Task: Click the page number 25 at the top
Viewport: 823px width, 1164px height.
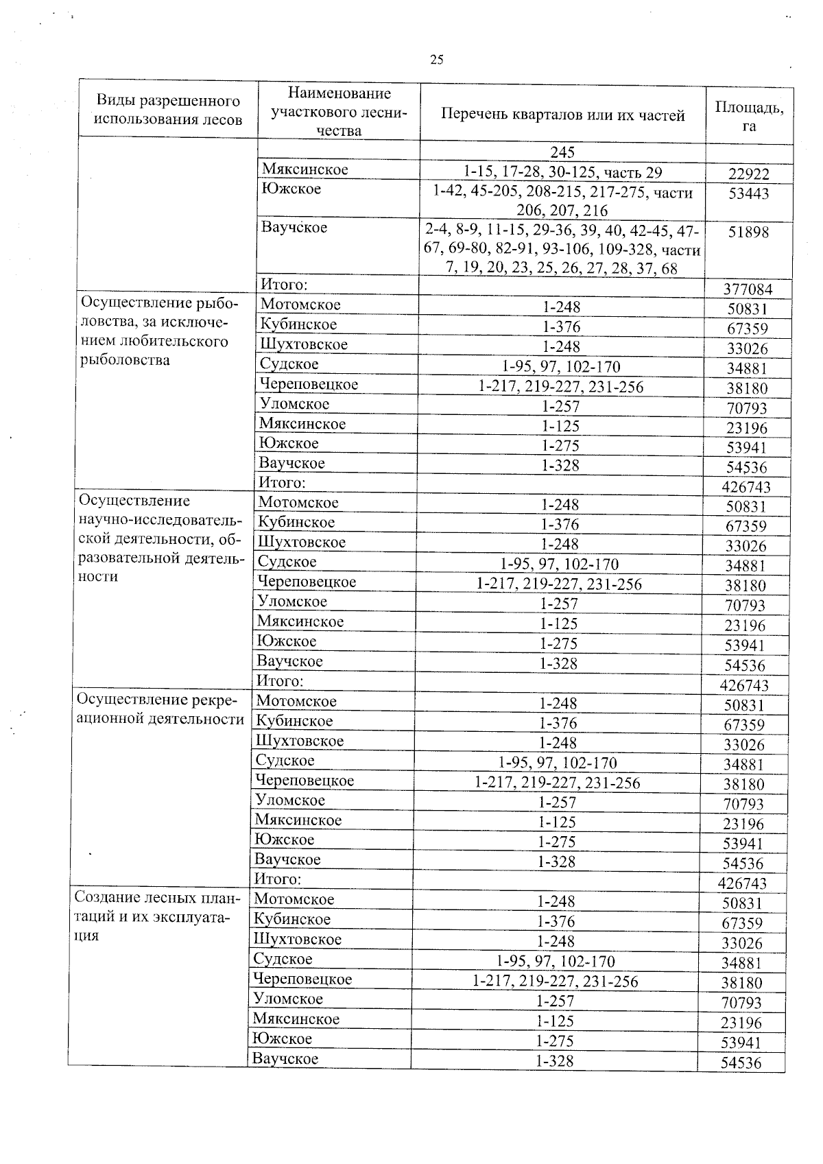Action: click(x=437, y=60)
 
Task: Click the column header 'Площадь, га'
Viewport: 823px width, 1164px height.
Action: click(x=749, y=116)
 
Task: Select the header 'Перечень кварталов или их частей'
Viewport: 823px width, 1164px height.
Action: click(x=562, y=115)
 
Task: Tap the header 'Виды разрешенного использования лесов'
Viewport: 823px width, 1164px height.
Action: click(x=167, y=110)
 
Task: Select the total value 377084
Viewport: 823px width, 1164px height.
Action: click(x=748, y=289)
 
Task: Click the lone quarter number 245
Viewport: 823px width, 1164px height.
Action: click(x=562, y=152)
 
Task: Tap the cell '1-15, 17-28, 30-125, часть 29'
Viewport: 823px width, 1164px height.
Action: click(x=562, y=172)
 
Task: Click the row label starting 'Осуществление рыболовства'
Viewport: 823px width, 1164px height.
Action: click(x=160, y=331)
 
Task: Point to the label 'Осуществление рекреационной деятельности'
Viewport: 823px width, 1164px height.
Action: click(x=160, y=709)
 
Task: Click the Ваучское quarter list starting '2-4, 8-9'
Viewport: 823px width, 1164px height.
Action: click(x=562, y=250)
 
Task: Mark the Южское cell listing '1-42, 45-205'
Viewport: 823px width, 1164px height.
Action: click(x=562, y=202)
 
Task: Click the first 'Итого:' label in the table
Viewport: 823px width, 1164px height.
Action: click(x=283, y=283)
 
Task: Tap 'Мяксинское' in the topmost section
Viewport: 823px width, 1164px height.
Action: click(x=305, y=169)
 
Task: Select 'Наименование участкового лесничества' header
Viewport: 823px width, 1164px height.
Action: click(x=339, y=111)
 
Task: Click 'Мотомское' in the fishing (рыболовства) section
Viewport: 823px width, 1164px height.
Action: click(x=300, y=305)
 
